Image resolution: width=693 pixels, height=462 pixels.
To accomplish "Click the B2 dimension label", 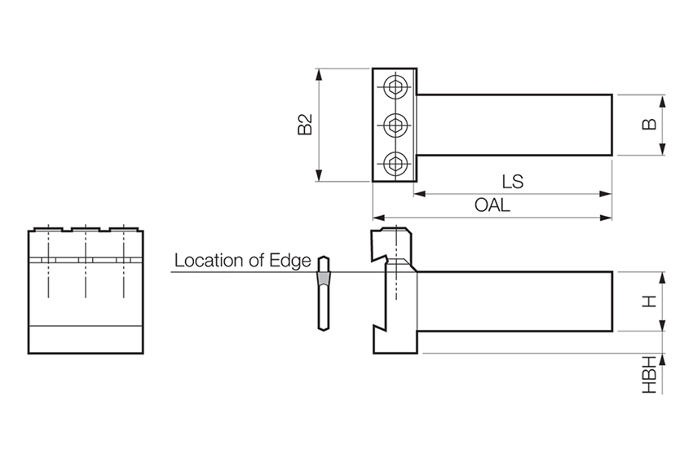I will (305, 125).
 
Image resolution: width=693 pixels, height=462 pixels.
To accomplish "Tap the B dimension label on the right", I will (650, 125).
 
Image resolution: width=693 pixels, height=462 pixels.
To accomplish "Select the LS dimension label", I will (513, 182).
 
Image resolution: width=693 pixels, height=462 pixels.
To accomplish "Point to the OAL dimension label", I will (492, 205).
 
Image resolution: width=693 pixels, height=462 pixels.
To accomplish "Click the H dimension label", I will (650, 301).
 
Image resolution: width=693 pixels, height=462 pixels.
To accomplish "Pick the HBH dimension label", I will (650, 376).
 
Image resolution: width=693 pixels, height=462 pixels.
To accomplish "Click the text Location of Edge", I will (243, 261).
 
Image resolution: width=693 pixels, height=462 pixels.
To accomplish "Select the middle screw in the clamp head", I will (396, 125).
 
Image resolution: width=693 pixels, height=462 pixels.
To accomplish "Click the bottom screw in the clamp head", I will (396, 163).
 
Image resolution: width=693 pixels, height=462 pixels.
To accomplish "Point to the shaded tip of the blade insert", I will (324, 279).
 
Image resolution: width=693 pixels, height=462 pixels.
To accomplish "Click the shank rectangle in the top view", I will (514, 125).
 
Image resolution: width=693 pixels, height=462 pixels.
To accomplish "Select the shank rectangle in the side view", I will (514, 301).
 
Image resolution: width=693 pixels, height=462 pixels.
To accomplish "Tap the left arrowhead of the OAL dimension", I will (377, 218).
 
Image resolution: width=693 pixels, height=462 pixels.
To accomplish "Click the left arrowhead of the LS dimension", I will (418, 194).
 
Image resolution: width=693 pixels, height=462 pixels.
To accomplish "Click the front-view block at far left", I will (86, 292).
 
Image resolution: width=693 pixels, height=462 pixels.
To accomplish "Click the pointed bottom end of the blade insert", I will (324, 330).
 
